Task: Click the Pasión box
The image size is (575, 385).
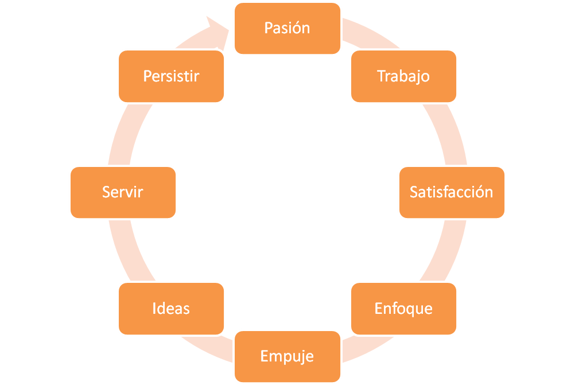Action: [x=287, y=29]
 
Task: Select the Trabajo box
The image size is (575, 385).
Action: [x=404, y=76]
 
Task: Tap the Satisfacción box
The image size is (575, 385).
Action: [x=452, y=193]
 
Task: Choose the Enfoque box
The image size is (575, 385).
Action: [x=404, y=308]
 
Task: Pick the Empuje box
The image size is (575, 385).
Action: [x=287, y=356]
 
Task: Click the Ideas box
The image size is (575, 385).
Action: [x=171, y=308]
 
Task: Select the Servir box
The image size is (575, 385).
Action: [x=123, y=193]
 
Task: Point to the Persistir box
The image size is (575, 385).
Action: [x=171, y=76]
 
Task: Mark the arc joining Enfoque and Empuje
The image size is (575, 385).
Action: [x=367, y=349]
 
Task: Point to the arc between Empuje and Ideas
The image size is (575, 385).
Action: [x=207, y=349]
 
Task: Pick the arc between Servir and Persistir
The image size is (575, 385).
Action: [x=129, y=134]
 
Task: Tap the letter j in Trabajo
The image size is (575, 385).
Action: [x=418, y=77]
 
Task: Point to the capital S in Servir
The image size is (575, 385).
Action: [x=106, y=192]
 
